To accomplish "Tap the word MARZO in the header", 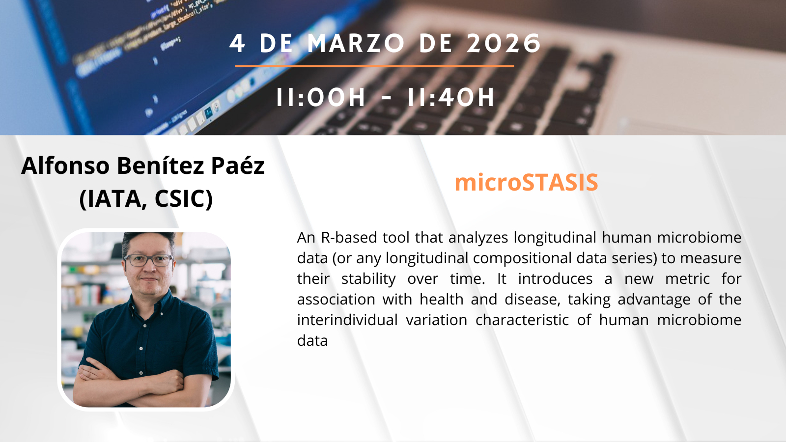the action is pos(356,44).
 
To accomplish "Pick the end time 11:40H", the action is pos(451,97).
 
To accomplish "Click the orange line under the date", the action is pos(374,66).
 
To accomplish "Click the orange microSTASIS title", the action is pos(526,182).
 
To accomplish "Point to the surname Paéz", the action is pos(238,165).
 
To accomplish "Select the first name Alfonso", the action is pos(66,165).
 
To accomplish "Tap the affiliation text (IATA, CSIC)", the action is pos(146,198).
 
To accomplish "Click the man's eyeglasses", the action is pos(149,260).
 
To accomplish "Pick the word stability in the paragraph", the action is pos(368,279).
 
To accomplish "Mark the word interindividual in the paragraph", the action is pos(347,320).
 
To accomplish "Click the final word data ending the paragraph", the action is pos(312,341).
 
